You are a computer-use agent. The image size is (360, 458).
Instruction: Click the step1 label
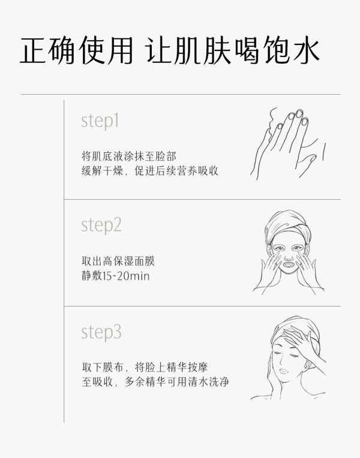(x=100, y=122)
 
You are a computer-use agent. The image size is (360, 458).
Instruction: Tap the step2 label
(x=101, y=226)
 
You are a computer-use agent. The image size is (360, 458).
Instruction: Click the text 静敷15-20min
(x=115, y=276)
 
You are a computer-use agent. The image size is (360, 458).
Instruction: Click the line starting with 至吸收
(x=155, y=381)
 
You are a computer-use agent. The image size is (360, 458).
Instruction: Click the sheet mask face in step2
(x=288, y=255)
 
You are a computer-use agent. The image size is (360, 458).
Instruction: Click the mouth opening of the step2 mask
(x=288, y=264)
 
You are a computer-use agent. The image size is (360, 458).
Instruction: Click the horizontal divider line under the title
(x=180, y=94)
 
